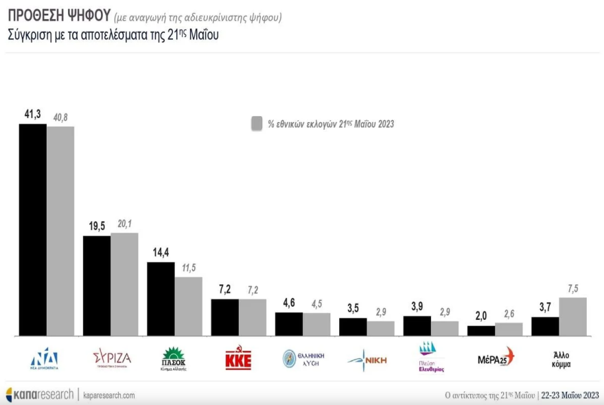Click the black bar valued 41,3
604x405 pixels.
32,229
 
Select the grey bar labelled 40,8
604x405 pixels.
60,231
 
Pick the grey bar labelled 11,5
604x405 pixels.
188,306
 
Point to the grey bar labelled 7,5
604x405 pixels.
572,316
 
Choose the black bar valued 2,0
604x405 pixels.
481,331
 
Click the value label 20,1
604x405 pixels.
124,223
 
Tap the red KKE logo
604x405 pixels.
238,358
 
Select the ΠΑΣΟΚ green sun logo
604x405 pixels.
174,357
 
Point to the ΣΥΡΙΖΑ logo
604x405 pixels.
111,358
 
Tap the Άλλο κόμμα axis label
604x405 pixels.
558,359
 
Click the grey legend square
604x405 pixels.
257,124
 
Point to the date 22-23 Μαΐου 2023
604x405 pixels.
569,395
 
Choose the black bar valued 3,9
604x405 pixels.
417,326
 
